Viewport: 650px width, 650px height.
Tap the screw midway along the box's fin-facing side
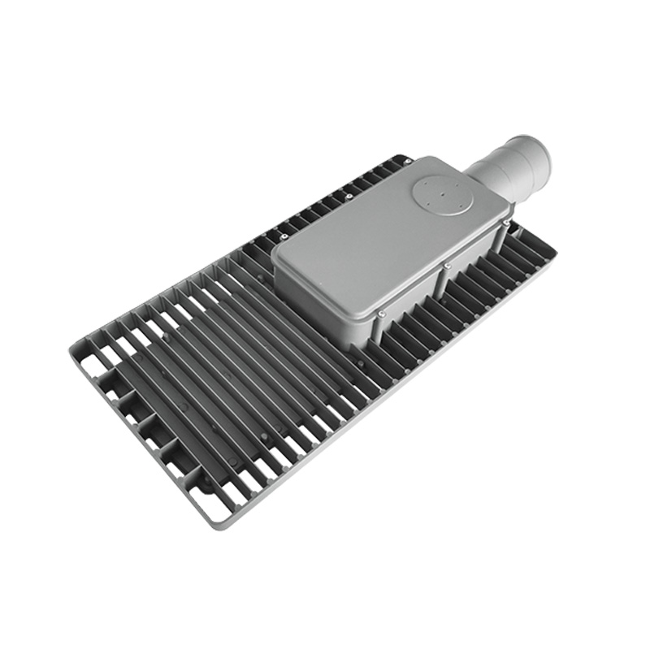click(x=447, y=266)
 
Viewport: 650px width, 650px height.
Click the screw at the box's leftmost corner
click(x=284, y=236)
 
